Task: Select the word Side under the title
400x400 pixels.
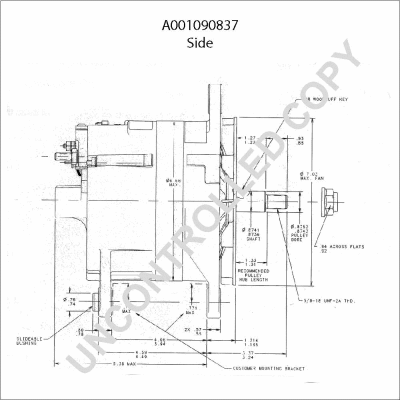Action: pyautogui.click(x=200, y=43)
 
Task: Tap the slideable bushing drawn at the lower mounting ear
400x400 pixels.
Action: pyautogui.click(x=96, y=300)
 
